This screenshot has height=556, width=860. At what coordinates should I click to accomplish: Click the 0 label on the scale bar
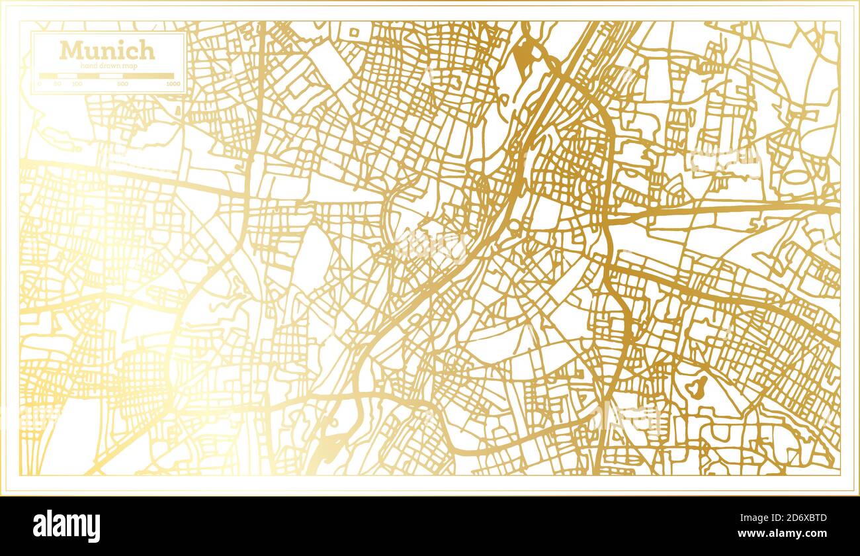39,84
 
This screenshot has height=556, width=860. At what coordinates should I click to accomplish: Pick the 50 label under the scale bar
57,84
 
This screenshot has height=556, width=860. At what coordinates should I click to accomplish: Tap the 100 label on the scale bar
77,84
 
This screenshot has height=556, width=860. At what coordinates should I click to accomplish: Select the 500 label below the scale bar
122,84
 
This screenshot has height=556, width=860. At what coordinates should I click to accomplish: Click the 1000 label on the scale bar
173,84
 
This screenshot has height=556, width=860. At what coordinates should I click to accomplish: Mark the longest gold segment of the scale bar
148,76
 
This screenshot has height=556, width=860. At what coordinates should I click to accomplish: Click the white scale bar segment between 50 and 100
67,76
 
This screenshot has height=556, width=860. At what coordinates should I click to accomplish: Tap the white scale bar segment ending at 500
110,76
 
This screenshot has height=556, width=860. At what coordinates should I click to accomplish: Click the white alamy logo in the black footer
67,526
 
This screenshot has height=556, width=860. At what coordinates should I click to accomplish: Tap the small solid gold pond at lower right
696,387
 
